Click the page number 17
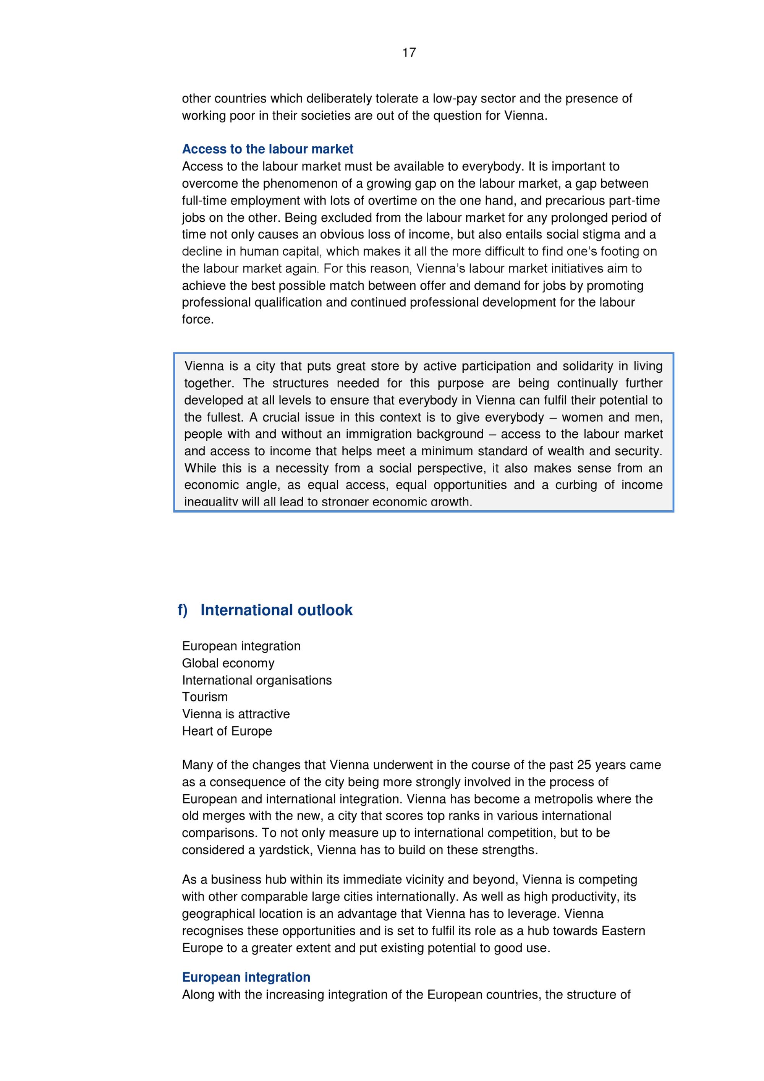coord(409,52)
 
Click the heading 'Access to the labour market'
coord(267,149)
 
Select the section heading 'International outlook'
coord(276,610)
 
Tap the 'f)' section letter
coord(183,610)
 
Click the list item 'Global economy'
coord(228,663)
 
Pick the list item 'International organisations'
coord(256,680)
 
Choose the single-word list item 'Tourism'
coord(205,697)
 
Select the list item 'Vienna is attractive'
coord(236,714)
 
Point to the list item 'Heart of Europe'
coord(227,731)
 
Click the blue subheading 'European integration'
coord(246,977)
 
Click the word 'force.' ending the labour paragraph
coord(197,319)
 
